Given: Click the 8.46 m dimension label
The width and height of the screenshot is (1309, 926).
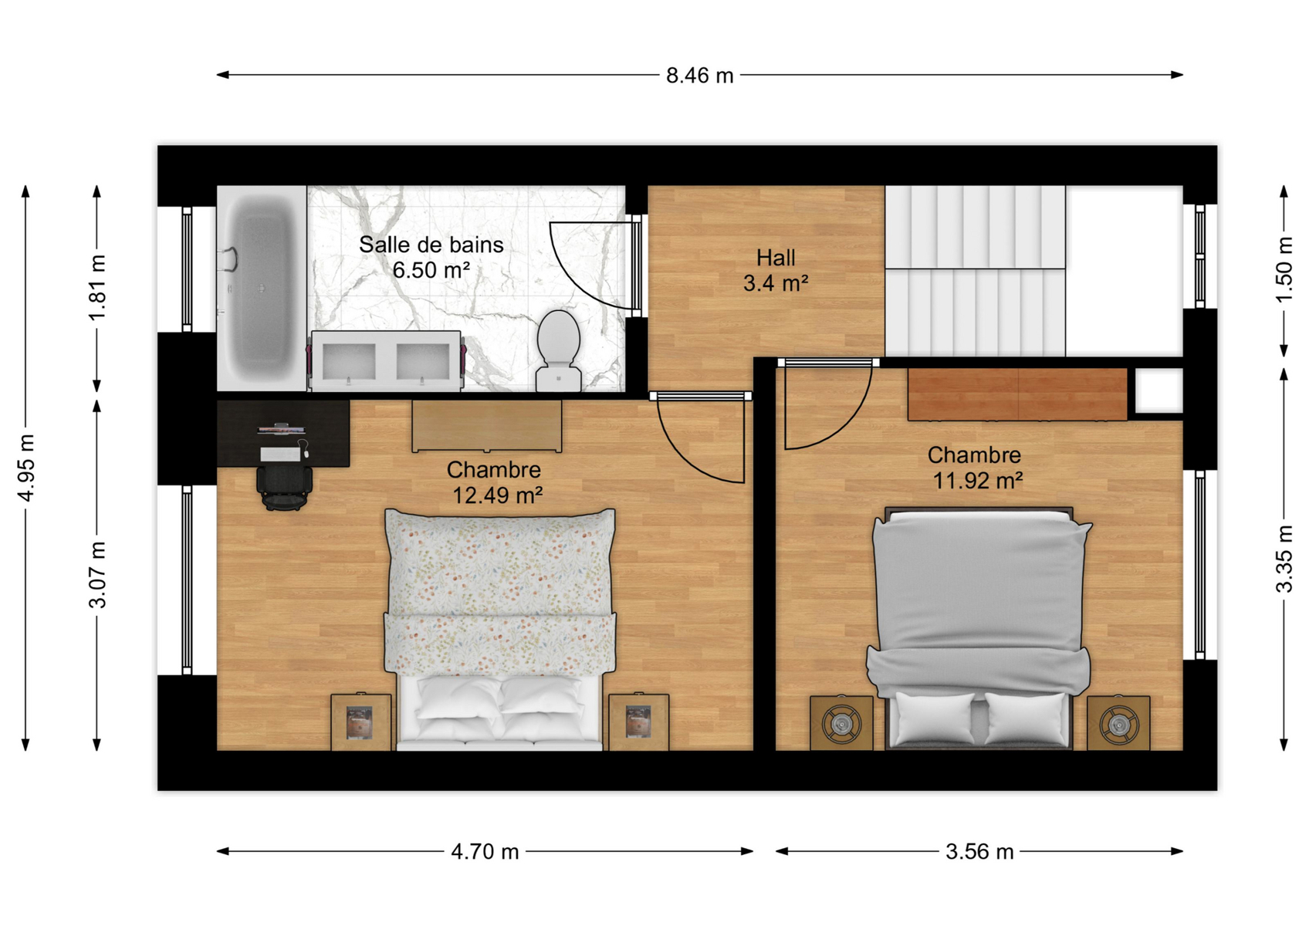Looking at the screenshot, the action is pos(699,76).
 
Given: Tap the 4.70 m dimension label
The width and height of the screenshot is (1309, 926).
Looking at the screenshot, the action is pos(485,852).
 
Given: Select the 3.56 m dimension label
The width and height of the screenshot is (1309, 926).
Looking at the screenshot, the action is pos(979,852).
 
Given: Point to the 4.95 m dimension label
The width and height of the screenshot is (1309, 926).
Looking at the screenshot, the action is pos(26,468).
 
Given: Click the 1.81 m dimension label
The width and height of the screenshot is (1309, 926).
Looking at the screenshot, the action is pos(97,287).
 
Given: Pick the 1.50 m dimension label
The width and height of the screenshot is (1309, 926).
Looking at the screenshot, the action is pos(1284,271).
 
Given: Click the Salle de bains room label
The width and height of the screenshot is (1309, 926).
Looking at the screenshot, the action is pos(431,245).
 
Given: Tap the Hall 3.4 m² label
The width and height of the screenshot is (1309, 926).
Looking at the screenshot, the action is pos(776,271).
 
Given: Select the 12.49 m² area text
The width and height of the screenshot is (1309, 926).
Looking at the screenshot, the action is pos(498,496).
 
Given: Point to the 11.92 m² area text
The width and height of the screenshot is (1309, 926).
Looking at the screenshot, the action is pos(978,482).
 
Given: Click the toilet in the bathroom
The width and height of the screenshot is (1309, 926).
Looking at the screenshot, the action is pos(558,350).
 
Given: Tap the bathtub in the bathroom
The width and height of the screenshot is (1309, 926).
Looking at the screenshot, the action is pos(261,288).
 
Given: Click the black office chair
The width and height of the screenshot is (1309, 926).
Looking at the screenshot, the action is pos(284,486).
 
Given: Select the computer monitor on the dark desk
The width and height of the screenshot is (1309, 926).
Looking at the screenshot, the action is pos(282,429).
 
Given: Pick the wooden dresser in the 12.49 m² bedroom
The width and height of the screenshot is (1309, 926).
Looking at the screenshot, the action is pos(487,426).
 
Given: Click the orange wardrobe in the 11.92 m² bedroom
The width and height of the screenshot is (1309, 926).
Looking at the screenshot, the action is pos(1017,394).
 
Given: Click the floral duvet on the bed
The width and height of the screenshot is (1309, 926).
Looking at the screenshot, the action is pos(500,591).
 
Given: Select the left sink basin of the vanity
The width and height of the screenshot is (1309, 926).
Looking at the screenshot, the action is pos(349,361).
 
